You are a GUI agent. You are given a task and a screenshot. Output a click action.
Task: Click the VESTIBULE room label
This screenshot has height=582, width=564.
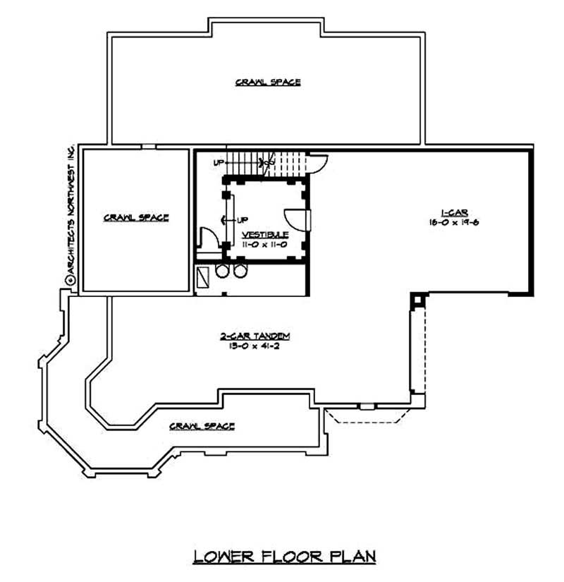[264, 234]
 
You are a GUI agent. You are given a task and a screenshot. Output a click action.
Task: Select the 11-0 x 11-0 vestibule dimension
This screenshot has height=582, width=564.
[264, 243]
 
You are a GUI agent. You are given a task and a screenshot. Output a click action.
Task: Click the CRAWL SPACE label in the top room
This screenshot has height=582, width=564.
[268, 83]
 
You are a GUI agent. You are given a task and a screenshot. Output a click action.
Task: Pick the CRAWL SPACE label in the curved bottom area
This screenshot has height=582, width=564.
[202, 426]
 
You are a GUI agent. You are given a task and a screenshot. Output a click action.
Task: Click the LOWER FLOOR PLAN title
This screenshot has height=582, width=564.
[285, 556]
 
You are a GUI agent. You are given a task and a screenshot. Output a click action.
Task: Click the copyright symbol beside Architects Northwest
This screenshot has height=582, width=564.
[70, 279]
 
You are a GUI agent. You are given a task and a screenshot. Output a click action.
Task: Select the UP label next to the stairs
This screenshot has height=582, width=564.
[219, 163]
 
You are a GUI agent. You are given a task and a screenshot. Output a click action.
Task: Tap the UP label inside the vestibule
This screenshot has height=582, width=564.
[243, 219]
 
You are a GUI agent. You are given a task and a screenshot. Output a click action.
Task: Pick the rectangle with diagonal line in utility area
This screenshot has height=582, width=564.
[204, 275]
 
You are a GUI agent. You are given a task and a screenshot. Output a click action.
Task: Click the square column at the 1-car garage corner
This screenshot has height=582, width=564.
[416, 300]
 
